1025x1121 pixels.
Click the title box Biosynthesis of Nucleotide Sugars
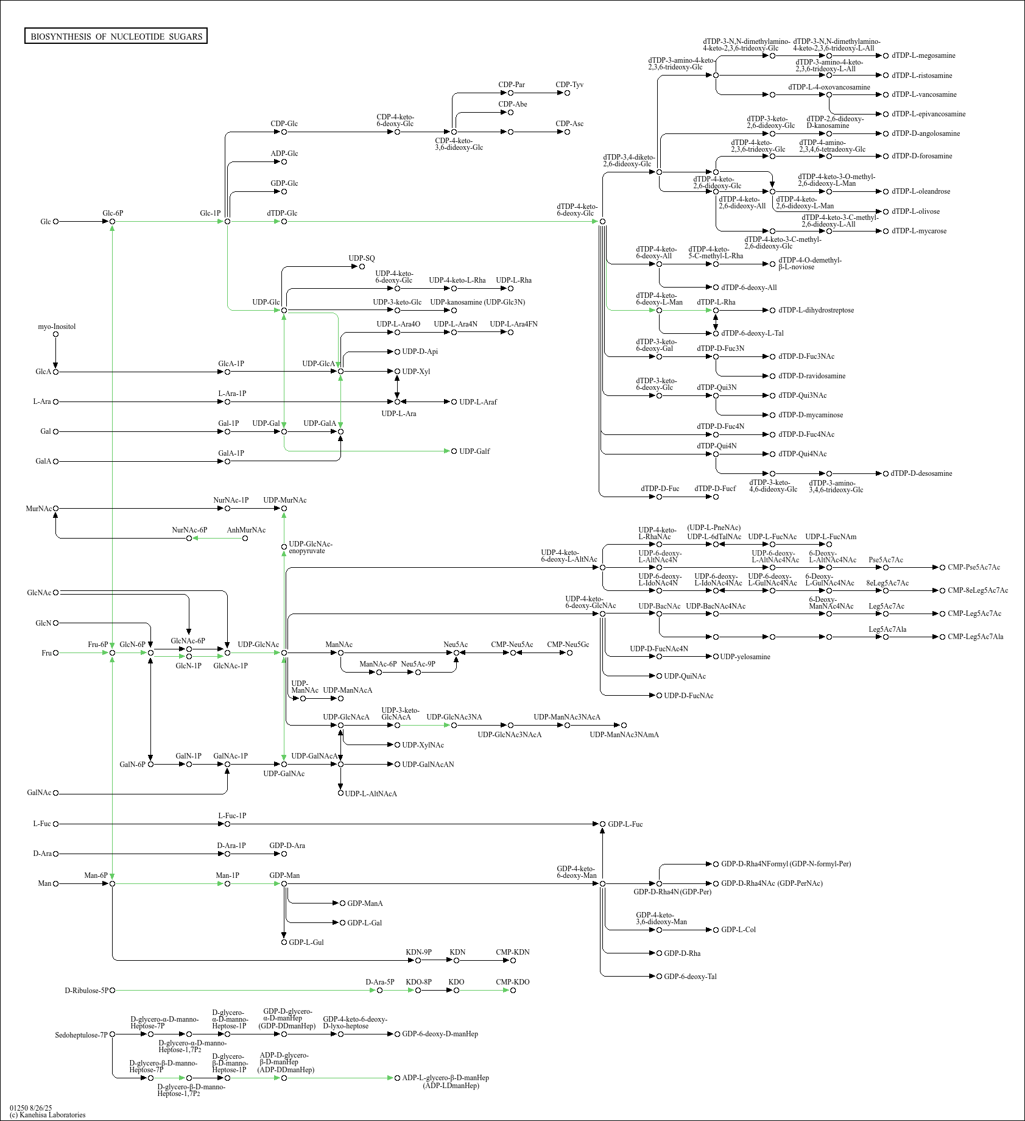(116, 37)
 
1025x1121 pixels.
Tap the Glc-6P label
(113, 213)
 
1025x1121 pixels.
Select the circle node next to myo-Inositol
(56, 334)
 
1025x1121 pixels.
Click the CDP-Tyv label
(569, 85)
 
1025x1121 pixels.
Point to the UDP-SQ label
(362, 258)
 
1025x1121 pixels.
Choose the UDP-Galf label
(474, 451)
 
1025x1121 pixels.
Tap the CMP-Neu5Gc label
(568, 645)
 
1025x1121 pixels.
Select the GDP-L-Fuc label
(625, 824)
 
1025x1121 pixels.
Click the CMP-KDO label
(512, 982)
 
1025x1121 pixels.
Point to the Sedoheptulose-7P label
(81, 1035)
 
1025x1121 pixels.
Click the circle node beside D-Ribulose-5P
(112, 991)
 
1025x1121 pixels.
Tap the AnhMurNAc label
(246, 530)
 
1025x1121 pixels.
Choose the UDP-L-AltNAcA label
(371, 794)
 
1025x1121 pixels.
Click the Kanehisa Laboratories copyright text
(48, 1115)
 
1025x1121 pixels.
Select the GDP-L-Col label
(738, 930)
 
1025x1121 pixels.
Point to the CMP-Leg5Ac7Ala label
(975, 637)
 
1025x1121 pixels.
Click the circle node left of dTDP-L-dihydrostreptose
(773, 310)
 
